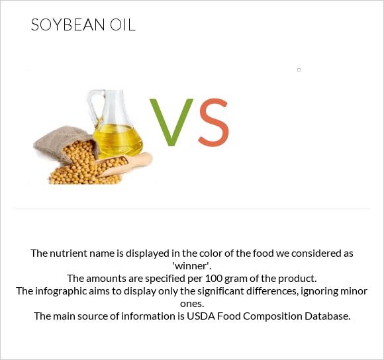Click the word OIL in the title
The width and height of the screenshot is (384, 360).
pyautogui.click(x=122, y=26)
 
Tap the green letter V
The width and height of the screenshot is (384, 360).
pyautogui.click(x=171, y=123)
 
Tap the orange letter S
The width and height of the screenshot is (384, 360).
pyautogui.click(x=213, y=123)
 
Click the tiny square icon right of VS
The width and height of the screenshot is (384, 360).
pyautogui.click(x=299, y=69)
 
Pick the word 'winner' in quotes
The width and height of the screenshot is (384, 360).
pyautogui.click(x=191, y=265)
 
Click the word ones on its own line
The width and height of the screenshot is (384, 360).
pyautogui.click(x=191, y=303)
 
